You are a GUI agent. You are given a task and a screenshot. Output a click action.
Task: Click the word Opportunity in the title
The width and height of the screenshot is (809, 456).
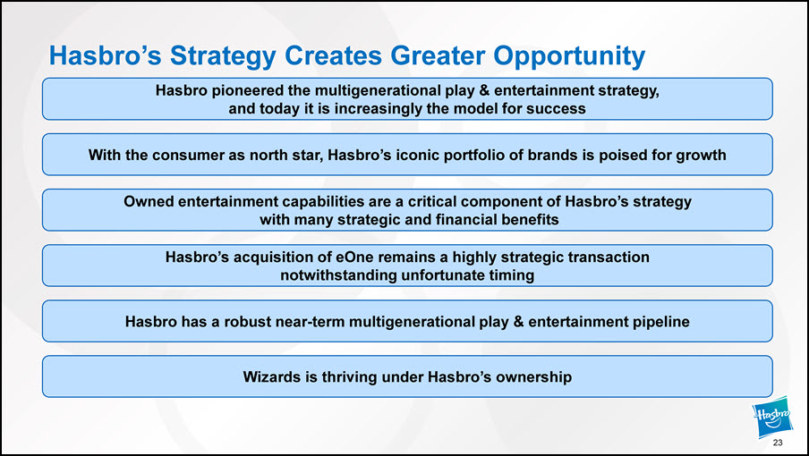[569, 55]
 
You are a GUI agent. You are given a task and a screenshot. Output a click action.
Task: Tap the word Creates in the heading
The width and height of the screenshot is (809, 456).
[334, 55]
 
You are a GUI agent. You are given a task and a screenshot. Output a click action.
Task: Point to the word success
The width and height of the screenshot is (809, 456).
[556, 109]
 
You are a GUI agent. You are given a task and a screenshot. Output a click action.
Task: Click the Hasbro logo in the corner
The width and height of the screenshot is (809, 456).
[772, 416]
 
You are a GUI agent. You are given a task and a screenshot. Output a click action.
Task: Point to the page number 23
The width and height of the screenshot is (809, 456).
[778, 443]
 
